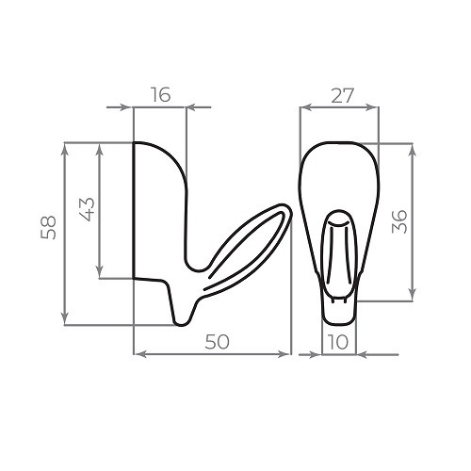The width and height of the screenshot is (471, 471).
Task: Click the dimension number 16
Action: coord(161,94)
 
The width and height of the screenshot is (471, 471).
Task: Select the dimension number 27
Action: coord(343,96)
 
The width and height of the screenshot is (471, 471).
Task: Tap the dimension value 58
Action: coord(48,228)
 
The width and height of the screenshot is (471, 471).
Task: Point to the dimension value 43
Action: coord(87,209)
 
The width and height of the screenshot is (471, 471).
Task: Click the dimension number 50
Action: coord(218,342)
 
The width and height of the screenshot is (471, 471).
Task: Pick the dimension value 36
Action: coord(399,221)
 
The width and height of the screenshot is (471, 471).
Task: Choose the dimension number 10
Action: coord(338,342)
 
